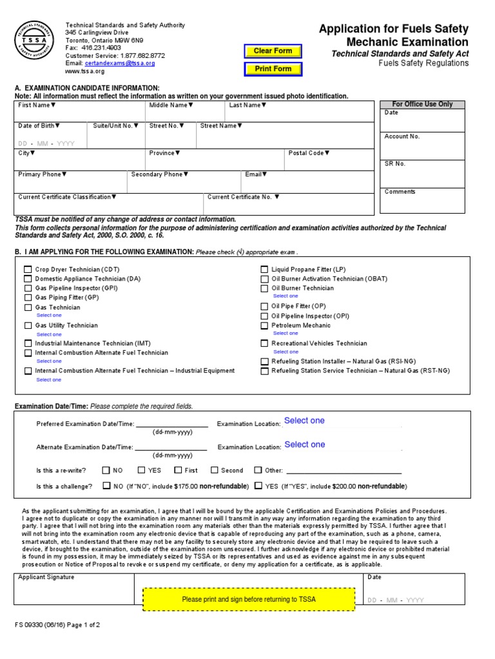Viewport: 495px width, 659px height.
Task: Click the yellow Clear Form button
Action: click(x=273, y=51)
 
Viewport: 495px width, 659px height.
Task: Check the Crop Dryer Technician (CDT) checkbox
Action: click(x=28, y=270)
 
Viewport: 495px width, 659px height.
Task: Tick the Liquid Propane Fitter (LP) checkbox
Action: click(x=264, y=270)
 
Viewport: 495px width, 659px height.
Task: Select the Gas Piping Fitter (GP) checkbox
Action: click(x=28, y=298)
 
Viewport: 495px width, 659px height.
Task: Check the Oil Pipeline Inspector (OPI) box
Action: click(x=264, y=316)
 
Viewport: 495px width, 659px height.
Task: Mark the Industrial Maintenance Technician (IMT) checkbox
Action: click(x=28, y=344)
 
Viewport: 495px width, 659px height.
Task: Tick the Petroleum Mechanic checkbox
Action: click(x=264, y=326)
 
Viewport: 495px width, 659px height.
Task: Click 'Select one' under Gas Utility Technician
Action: click(x=49, y=335)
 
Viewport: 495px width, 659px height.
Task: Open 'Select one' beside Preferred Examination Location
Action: click(x=305, y=421)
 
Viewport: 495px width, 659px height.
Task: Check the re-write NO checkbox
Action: click(x=107, y=470)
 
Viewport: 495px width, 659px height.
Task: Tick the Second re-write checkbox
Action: click(x=215, y=470)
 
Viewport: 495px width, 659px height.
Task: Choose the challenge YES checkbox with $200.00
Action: click(x=258, y=487)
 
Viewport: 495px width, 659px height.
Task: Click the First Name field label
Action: click(x=37, y=105)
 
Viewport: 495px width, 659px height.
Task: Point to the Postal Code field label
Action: click(x=309, y=153)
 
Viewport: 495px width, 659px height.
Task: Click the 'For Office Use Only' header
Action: click(x=422, y=104)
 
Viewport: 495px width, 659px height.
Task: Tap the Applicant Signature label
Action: click(x=46, y=577)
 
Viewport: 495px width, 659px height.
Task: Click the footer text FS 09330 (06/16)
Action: click(x=41, y=625)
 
